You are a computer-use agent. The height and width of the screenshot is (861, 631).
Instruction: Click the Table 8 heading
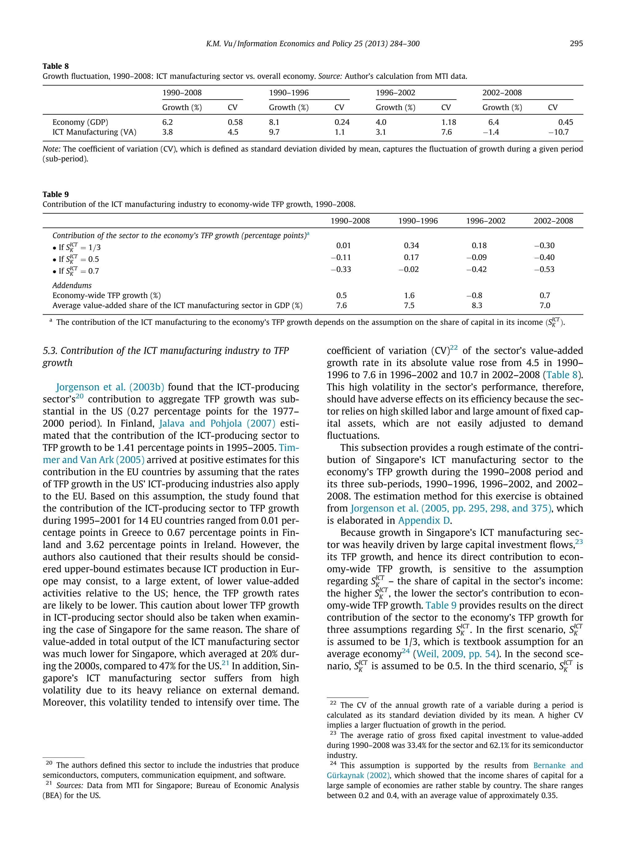55,66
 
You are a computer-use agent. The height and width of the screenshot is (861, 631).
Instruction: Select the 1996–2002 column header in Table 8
395,93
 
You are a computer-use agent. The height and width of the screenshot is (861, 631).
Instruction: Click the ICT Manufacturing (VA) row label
94,132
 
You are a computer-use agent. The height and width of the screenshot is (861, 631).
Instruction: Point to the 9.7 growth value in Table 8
274,132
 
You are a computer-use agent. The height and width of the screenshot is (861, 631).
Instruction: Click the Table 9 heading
55,194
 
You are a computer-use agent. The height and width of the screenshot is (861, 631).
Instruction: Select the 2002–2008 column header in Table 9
553,221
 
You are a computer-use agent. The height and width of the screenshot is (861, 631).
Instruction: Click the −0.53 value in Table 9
544,269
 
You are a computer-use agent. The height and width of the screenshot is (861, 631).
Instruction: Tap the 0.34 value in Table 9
411,246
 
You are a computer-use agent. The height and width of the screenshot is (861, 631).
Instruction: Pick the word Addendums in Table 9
72,285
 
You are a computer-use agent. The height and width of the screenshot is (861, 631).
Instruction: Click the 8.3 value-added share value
477,306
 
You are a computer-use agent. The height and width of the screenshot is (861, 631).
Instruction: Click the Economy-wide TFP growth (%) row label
107,296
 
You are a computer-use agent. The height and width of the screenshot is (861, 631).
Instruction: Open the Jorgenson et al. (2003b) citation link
110,387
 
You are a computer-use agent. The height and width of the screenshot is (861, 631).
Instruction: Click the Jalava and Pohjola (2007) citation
217,423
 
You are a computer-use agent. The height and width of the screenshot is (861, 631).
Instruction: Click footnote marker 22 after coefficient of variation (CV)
454,348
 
